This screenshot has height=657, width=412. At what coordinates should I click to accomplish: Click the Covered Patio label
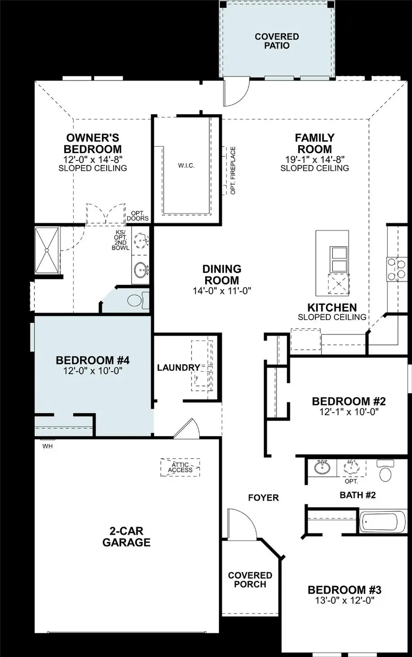click(x=276, y=41)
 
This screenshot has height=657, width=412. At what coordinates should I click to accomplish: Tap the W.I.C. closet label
click(x=186, y=166)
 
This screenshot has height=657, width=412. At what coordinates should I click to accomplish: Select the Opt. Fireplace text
click(x=233, y=170)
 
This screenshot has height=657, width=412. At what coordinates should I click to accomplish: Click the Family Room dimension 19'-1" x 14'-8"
click(x=314, y=160)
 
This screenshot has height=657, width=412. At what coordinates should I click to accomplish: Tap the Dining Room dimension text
click(x=222, y=291)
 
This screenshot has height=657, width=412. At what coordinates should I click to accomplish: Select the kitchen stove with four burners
click(x=396, y=269)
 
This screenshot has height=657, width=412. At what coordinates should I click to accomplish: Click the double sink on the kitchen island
click(x=339, y=259)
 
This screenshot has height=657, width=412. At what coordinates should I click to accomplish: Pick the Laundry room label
click(x=179, y=368)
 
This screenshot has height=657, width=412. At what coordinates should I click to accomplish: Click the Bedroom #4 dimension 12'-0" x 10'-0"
click(x=92, y=371)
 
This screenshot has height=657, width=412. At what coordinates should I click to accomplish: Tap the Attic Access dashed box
click(x=180, y=467)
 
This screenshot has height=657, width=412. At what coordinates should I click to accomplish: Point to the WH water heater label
click(x=47, y=446)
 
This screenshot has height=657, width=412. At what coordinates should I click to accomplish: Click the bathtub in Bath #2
click(x=382, y=522)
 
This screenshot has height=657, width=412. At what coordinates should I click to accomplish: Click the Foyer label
click(x=263, y=497)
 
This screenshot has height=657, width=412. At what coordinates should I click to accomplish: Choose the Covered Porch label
click(x=250, y=580)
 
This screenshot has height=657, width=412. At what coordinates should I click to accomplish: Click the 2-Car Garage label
click(x=126, y=537)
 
